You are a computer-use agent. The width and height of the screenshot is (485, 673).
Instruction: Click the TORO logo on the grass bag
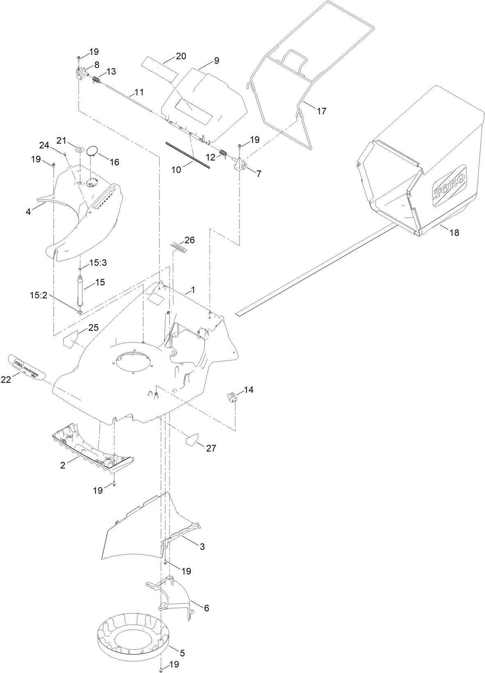click(x=450, y=186)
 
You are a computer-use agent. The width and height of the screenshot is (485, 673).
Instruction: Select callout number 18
click(x=454, y=233)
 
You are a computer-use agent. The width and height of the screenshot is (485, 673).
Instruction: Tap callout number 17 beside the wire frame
click(x=322, y=111)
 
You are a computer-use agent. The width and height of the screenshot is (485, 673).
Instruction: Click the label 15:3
click(x=98, y=263)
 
